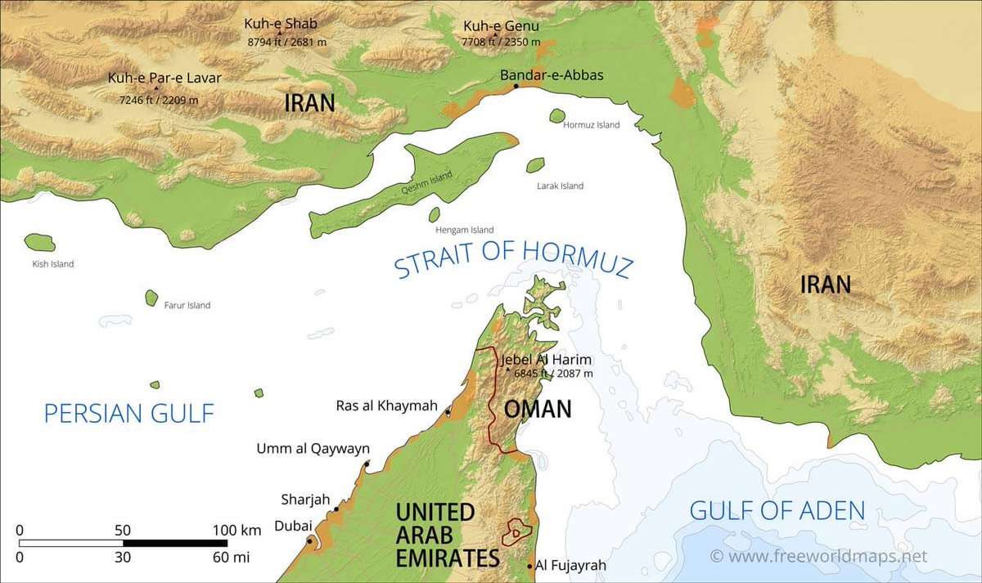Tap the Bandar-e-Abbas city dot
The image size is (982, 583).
point(515,86)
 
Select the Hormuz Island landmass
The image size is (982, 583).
point(557,116)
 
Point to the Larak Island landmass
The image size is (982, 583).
point(535,165)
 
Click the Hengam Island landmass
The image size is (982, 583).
point(434,215)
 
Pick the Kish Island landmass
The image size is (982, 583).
point(39,243)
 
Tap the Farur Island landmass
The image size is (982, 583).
point(151,298)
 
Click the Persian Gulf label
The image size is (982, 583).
point(128,413)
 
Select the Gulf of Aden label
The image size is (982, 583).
point(777,511)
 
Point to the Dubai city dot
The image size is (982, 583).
point(309,540)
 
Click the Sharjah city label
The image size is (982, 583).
point(304,500)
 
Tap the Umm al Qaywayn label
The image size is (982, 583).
point(313,448)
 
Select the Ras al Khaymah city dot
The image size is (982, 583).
point(448,413)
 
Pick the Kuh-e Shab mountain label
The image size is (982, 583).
point(280,24)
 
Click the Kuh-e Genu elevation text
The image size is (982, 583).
point(501,42)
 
